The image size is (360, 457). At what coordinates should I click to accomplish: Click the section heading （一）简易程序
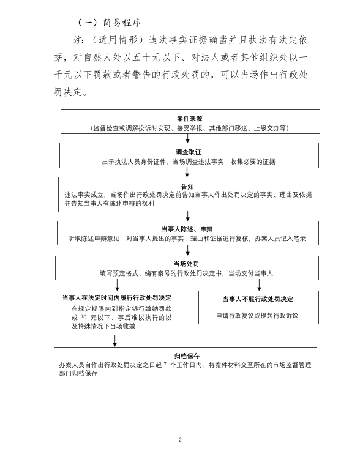point(110,23)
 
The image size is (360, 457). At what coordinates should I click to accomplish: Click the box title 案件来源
point(189,119)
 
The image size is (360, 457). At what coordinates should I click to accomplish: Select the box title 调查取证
point(189,152)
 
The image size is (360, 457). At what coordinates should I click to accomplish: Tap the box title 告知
point(187,187)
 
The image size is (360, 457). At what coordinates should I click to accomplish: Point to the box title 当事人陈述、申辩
point(187,229)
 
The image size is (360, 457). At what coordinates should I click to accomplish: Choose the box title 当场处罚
point(186,264)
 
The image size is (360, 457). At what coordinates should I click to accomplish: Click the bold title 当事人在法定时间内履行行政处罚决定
point(117,298)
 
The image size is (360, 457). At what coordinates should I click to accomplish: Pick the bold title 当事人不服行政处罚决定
point(258,299)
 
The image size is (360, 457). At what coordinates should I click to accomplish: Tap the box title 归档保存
point(187,356)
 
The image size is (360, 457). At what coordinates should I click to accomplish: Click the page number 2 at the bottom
point(180,439)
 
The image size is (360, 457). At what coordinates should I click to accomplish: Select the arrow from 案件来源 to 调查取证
point(187,138)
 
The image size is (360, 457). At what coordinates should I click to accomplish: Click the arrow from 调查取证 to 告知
point(187,173)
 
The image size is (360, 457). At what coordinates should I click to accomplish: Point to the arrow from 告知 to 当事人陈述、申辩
point(187,216)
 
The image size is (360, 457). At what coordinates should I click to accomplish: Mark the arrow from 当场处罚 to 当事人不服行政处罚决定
point(259,285)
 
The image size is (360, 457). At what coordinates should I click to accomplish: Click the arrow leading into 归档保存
point(114,341)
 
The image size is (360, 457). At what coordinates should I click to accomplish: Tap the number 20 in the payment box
point(83,318)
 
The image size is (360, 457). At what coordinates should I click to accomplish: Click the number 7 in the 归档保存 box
point(165,365)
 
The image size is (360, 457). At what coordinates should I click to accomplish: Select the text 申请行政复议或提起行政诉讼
point(257,316)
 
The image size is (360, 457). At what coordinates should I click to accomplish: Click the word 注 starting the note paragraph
point(78,40)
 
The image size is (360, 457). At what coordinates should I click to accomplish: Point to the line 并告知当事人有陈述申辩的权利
point(110,203)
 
